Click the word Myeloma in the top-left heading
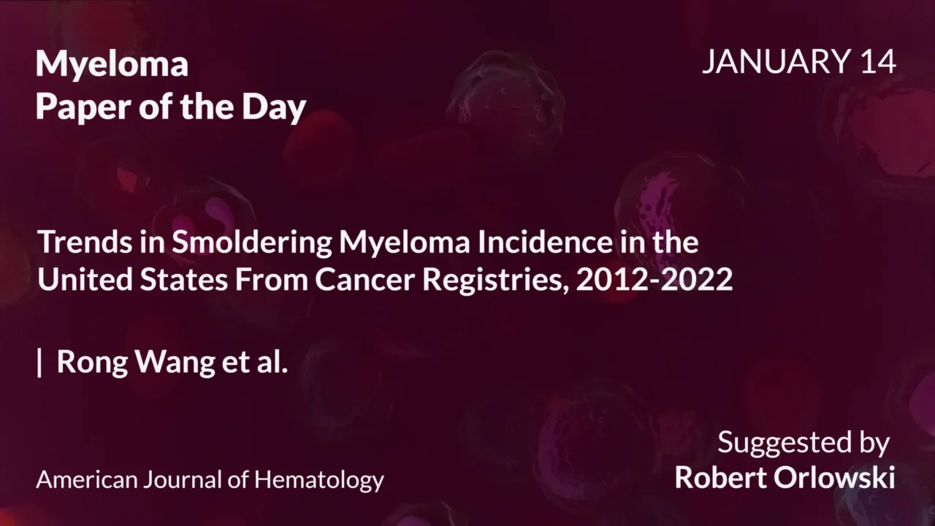point(112,65)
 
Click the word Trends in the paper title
point(80,242)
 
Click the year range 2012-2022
point(654,280)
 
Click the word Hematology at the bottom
point(318,480)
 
